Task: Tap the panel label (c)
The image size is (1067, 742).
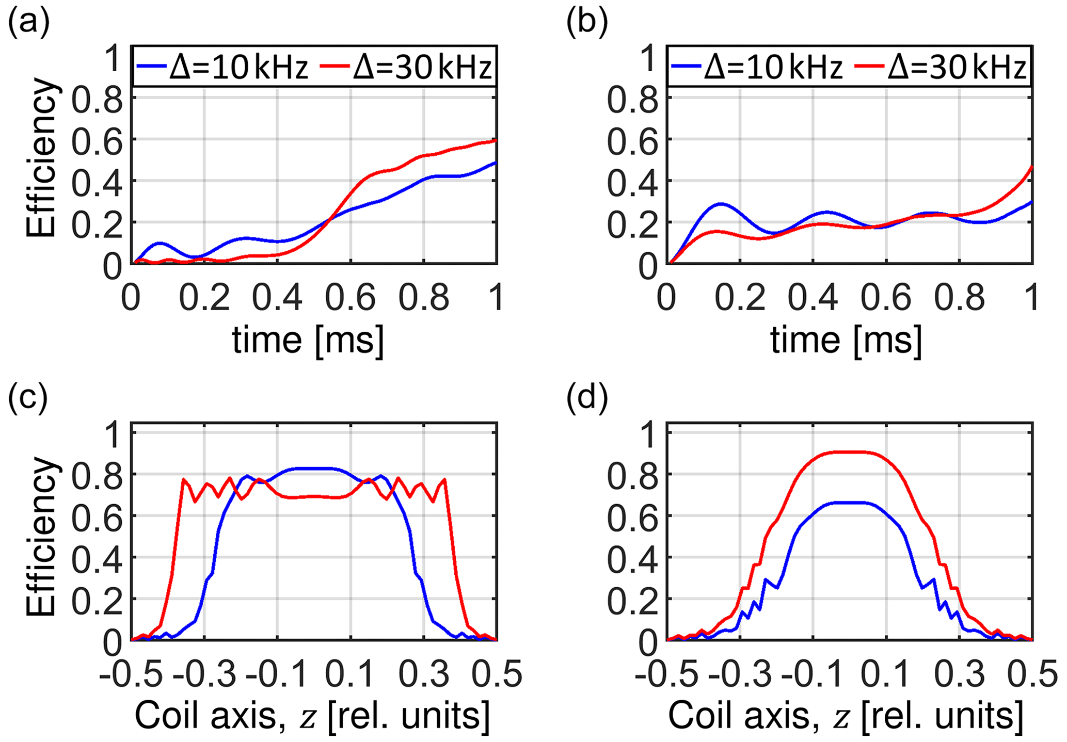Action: [28, 398]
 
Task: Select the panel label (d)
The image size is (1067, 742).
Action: [587, 398]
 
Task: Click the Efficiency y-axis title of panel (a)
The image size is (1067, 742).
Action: [41, 157]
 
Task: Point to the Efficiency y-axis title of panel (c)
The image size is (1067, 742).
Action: [41, 537]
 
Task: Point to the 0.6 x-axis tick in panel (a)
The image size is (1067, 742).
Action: [350, 298]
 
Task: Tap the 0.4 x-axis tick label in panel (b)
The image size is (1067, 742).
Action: [813, 298]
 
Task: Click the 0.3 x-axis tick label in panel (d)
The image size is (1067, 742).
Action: [958, 674]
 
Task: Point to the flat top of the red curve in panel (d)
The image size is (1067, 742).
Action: [849, 452]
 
